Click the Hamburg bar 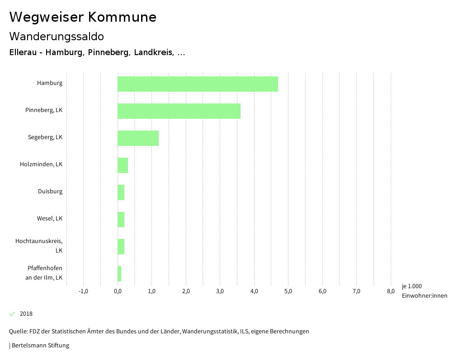click(x=198, y=84)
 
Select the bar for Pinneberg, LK click(x=179, y=111)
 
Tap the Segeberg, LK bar click(x=138, y=138)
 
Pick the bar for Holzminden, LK click(x=123, y=165)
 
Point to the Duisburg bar click(x=121, y=192)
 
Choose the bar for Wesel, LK click(x=121, y=220)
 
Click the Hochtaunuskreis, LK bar click(x=121, y=247)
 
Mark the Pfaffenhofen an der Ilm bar click(x=119, y=274)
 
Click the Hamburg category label click(x=50, y=83)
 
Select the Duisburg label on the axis click(x=50, y=192)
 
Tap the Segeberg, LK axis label click(x=45, y=137)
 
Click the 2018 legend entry click(x=26, y=314)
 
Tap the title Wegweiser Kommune click(x=83, y=17)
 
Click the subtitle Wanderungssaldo click(x=57, y=36)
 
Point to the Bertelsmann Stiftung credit click(x=40, y=346)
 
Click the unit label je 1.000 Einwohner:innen click(x=424, y=291)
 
